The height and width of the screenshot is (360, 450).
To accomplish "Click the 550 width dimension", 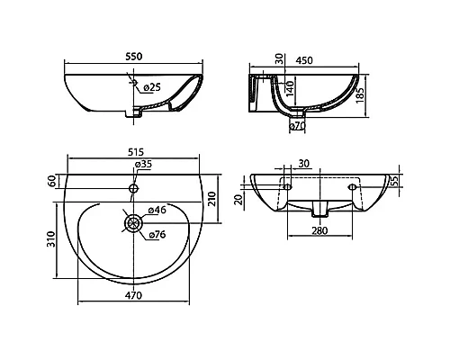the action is click(134, 57).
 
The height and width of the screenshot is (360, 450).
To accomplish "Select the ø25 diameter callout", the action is click(152, 87).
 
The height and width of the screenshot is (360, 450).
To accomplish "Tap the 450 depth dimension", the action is click(304, 60).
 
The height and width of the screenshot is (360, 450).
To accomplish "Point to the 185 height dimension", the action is click(360, 95).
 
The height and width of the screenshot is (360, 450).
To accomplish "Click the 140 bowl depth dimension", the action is click(290, 88).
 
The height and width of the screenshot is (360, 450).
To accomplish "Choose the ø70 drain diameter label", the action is click(297, 126).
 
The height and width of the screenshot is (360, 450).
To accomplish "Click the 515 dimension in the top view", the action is click(136, 152).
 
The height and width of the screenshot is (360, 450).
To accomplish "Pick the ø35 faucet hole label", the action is click(143, 164).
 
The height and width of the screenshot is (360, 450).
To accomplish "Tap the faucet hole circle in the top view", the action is click(133, 188).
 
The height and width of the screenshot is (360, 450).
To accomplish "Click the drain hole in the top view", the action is click(133, 223).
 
